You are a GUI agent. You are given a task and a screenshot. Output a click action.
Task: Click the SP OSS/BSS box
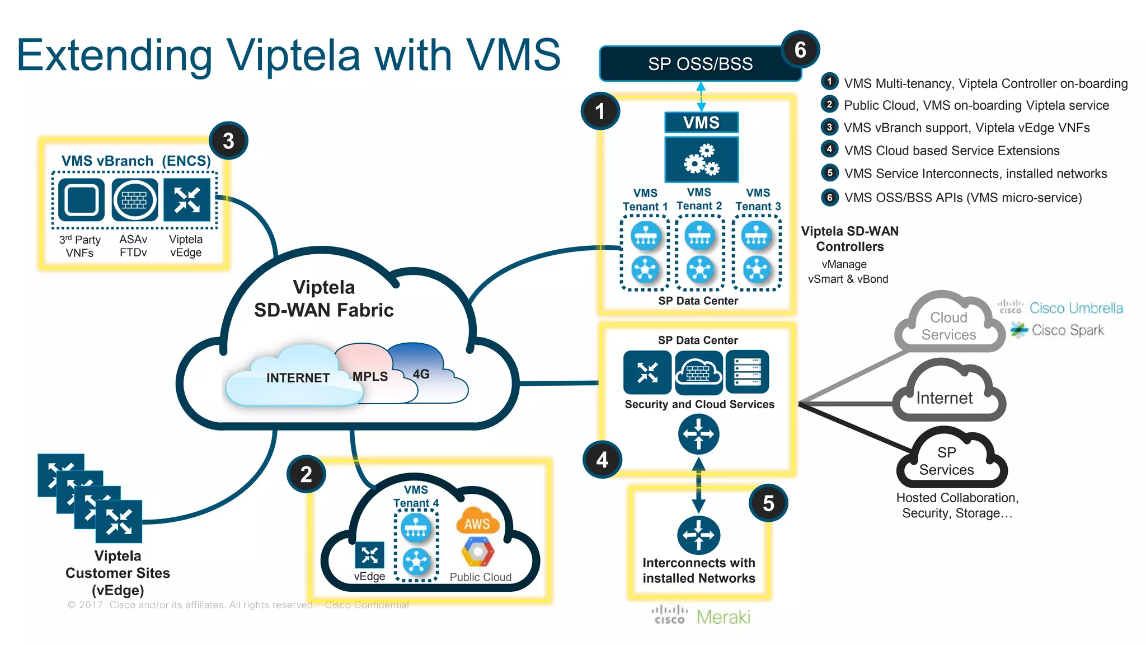pyautogui.click(x=699, y=64)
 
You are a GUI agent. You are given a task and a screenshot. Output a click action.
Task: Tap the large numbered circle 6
pyautogui.click(x=800, y=50)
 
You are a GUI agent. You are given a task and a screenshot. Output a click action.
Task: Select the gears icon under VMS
pyautogui.click(x=701, y=160)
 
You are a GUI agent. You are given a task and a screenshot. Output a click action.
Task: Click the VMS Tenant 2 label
pyautogui.click(x=699, y=199)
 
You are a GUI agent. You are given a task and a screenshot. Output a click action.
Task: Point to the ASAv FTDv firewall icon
pyautogui.click(x=134, y=200)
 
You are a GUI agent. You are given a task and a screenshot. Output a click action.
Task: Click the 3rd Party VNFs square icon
pyautogui.click(x=81, y=200)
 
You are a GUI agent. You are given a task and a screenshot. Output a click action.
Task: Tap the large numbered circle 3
pyautogui.click(x=228, y=141)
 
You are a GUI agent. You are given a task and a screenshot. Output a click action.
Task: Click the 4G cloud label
pyautogui.click(x=421, y=374)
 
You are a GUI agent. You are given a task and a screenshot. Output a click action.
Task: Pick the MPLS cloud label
pyautogui.click(x=370, y=376)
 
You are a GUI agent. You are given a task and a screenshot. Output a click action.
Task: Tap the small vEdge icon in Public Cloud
pyautogui.click(x=369, y=555)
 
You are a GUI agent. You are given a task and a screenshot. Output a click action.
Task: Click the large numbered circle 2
pyautogui.click(x=306, y=474)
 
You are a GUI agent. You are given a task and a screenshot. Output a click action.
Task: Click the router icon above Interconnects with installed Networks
pyautogui.click(x=698, y=535)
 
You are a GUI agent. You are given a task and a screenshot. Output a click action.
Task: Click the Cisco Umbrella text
pyautogui.click(x=1075, y=308)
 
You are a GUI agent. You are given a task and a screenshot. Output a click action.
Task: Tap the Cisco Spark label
pyautogui.click(x=1067, y=330)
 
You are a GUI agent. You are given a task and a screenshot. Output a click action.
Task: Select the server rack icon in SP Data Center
pyautogui.click(x=748, y=372)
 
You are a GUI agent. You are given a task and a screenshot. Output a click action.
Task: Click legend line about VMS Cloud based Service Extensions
pyautogui.click(x=951, y=151)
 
